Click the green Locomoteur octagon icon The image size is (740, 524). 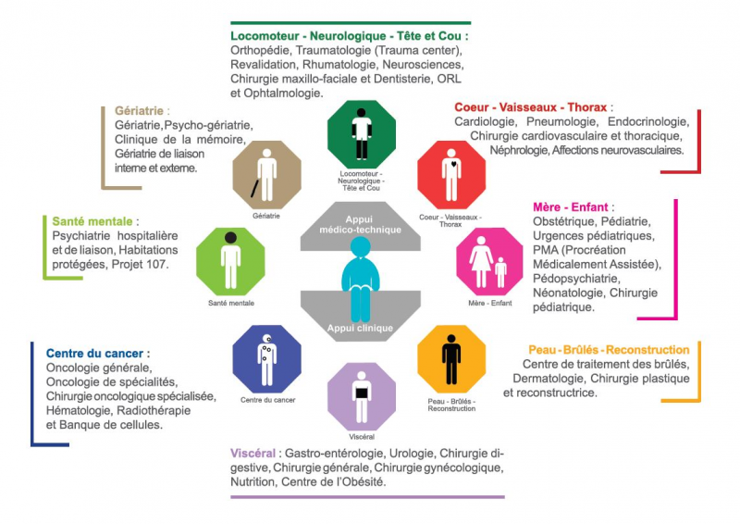click(x=362, y=134)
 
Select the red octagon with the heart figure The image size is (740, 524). click(x=451, y=175)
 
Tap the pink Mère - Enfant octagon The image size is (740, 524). click(x=489, y=261)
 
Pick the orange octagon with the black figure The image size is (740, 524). click(x=451, y=359)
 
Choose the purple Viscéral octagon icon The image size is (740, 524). click(x=362, y=397)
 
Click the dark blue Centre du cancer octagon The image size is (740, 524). click(x=267, y=359)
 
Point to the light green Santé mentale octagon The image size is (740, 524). click(x=230, y=261)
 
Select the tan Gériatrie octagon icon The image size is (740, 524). click(x=267, y=175)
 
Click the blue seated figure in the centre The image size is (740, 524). click(x=361, y=279)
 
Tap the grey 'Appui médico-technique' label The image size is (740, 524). click(x=360, y=224)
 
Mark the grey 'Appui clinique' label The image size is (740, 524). click(x=360, y=328)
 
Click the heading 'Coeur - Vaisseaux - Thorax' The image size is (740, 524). click(x=530, y=107)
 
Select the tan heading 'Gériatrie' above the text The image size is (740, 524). click(x=139, y=110)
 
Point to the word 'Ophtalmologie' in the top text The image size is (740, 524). click(x=283, y=94)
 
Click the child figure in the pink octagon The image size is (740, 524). click(x=500, y=272)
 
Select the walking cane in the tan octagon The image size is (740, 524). click(x=254, y=189)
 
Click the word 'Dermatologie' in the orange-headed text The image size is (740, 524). click(x=549, y=379)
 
